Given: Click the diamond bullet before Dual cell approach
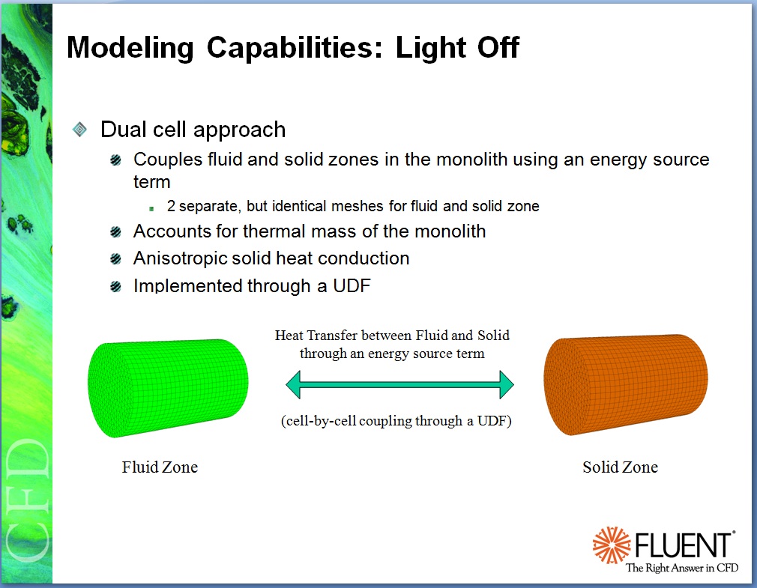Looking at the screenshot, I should [80, 130].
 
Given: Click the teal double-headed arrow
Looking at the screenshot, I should [399, 385].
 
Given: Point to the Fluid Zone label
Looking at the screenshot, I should [160, 467].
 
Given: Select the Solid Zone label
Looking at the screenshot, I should [620, 467].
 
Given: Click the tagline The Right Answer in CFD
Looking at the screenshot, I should [681, 568].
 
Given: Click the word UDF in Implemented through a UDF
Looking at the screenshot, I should [352, 285].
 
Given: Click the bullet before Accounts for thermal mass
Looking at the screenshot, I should [115, 232].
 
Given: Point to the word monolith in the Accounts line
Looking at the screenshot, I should [446, 231].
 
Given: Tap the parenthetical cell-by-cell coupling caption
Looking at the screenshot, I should [396, 421].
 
